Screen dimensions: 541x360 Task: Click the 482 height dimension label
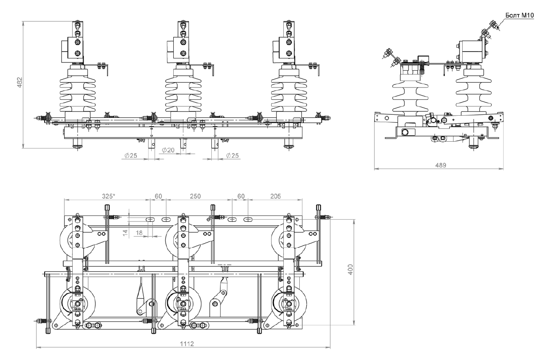20,82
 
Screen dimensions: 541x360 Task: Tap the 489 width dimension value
441,165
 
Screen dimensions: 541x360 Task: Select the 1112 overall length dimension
187,344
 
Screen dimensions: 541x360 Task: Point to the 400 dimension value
350,269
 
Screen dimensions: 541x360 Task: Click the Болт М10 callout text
519,16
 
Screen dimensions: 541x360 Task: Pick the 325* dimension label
108,196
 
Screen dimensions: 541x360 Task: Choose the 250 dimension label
195,196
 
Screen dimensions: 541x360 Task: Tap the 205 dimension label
275,196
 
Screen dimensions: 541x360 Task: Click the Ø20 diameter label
168,150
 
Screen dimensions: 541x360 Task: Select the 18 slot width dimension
139,233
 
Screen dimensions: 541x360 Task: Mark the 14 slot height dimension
125,233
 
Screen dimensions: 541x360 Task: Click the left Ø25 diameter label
131,156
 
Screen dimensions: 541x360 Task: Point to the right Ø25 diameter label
232,156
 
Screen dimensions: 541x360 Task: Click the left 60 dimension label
158,196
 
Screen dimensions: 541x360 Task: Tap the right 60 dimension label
241,196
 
